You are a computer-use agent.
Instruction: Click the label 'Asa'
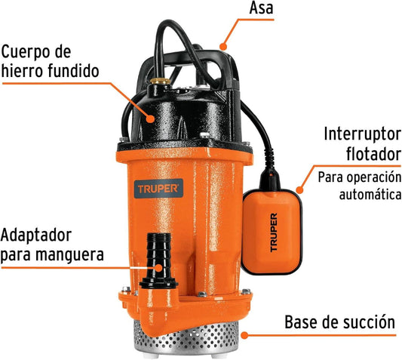point(261,8)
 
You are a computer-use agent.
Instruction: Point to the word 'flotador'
point(374,154)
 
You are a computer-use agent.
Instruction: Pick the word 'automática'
point(370,195)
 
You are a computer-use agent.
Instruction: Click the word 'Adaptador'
point(36,236)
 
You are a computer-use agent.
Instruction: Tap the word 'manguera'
point(69,254)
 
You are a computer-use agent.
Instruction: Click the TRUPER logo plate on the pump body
point(158,189)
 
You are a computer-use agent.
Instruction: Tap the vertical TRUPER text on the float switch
point(274,232)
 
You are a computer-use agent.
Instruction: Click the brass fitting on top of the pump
point(161,82)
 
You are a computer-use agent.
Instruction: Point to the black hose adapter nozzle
point(158,260)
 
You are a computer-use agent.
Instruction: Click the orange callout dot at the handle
point(223,47)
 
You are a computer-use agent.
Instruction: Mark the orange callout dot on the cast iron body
point(151,118)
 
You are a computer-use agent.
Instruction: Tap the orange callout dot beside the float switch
point(299,190)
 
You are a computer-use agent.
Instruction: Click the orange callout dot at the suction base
point(244,335)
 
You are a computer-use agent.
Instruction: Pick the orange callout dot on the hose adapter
point(159,268)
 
